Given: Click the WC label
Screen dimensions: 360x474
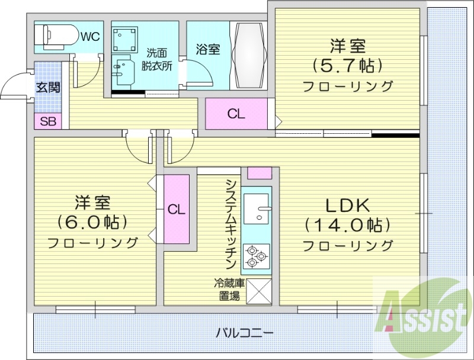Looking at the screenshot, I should pyautogui.click(x=90, y=37).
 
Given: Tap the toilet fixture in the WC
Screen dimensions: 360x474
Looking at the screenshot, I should pyautogui.click(x=55, y=36).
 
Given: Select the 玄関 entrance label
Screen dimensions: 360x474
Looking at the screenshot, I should pyautogui.click(x=47, y=88).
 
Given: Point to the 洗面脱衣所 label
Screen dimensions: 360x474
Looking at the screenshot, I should pyautogui.click(x=156, y=60).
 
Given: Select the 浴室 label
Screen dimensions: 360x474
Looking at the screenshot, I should pyautogui.click(x=208, y=49).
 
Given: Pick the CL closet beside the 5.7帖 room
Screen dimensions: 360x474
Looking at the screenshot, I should pyautogui.click(x=236, y=114).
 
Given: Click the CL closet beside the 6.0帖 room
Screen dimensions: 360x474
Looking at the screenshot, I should pyautogui.click(x=175, y=209).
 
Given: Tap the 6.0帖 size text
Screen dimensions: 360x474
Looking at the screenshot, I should pyautogui.click(x=92, y=222).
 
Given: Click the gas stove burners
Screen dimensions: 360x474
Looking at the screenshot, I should pyautogui.click(x=257, y=256).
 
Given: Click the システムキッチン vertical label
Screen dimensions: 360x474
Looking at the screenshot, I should pyautogui.click(x=231, y=225).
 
